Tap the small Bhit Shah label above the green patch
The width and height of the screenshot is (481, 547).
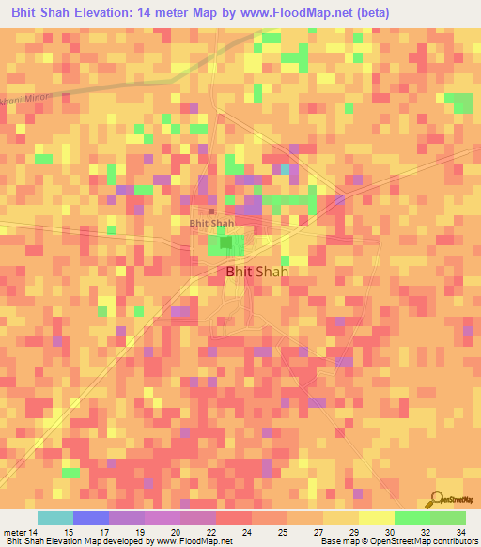pyautogui.click(x=211, y=224)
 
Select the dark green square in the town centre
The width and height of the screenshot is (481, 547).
pyautogui.click(x=225, y=243)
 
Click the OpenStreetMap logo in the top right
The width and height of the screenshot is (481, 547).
pyautogui.click(x=453, y=98)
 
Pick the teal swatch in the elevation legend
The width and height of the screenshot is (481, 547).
pyautogui.click(x=55, y=518)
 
